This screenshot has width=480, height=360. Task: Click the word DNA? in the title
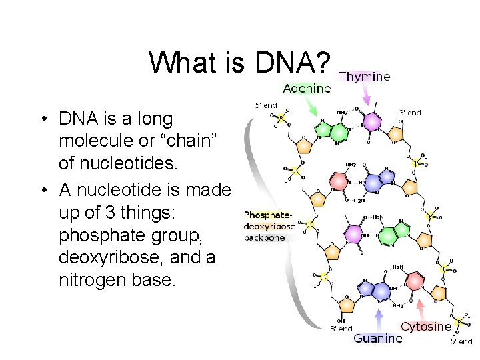(x=291, y=63)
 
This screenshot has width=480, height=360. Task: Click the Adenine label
(x=307, y=88)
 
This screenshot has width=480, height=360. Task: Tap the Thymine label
(x=365, y=77)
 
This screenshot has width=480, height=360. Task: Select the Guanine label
(x=378, y=339)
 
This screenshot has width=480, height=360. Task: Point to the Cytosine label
(x=426, y=327)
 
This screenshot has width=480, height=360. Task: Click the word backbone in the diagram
(x=264, y=237)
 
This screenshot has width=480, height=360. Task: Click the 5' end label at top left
(x=266, y=105)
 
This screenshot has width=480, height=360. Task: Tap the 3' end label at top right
(x=410, y=113)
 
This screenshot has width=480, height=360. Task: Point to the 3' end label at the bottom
(x=341, y=329)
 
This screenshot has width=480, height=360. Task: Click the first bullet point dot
(x=42, y=121)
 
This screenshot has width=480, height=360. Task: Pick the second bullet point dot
(x=42, y=191)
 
